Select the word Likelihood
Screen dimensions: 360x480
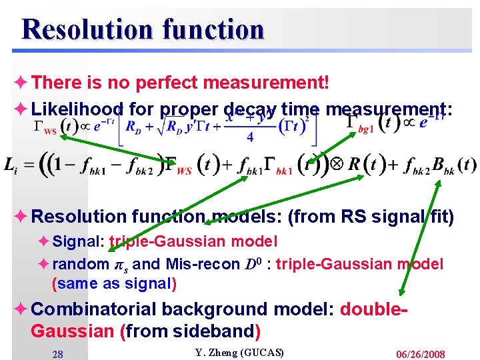[77, 109]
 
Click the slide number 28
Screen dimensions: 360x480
[58, 354]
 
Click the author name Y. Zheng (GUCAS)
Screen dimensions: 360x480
[239, 352]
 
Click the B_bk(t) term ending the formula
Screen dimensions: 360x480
[453, 165]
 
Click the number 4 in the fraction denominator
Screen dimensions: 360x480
[251, 137]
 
